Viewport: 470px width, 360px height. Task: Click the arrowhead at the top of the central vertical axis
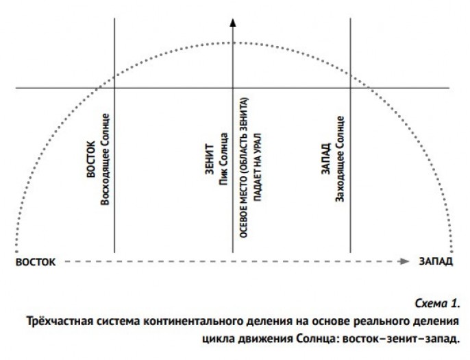(233, 22)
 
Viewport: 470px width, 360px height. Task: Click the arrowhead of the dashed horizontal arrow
(405, 261)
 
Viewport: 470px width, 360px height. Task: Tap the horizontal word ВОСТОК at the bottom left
(36, 262)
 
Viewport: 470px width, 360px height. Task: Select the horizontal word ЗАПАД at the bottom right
(436, 261)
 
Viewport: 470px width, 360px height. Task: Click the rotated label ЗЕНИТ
(210, 160)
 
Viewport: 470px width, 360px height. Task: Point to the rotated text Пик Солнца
(223, 159)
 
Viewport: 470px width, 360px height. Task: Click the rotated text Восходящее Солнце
(105, 159)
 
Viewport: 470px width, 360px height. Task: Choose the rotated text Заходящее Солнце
(339, 159)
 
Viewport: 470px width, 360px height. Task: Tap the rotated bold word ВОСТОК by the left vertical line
(91, 159)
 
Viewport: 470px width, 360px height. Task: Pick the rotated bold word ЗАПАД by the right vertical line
(326, 158)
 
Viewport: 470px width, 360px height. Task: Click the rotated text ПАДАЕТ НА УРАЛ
(257, 167)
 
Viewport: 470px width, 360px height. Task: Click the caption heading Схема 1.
(437, 303)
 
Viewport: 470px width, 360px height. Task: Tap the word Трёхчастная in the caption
(56, 321)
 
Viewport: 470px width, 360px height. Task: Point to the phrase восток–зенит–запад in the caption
(401, 339)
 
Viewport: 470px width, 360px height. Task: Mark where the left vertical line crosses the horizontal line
(114, 88)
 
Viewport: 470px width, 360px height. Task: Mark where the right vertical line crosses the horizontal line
(350, 88)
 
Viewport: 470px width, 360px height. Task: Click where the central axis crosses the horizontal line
(233, 88)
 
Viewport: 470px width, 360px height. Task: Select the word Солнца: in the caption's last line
(319, 339)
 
